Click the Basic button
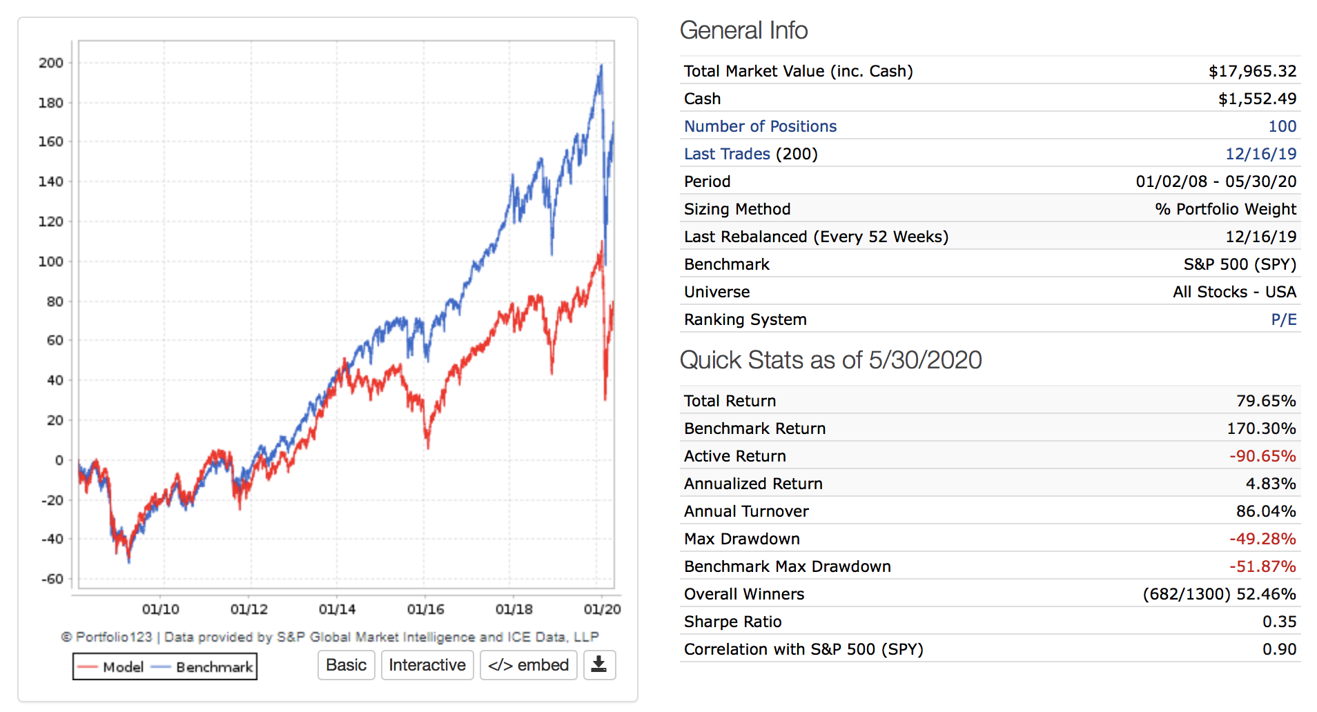point(346,665)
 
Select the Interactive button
point(427,665)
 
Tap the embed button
point(528,665)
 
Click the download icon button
point(599,665)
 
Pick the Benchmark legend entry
point(203,667)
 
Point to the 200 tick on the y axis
point(51,63)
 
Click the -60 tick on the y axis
point(52,579)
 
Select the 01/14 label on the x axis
point(337,609)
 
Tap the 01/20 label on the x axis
point(602,609)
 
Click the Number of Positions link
point(760,126)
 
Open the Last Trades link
point(727,154)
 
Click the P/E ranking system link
point(1283,319)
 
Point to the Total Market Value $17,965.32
point(1252,71)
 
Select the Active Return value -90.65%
point(1262,456)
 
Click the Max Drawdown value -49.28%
point(1262,539)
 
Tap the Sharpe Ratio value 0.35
point(1279,622)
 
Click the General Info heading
point(743,30)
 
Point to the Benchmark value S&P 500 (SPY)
point(1240,264)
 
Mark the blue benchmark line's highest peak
point(601,66)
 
